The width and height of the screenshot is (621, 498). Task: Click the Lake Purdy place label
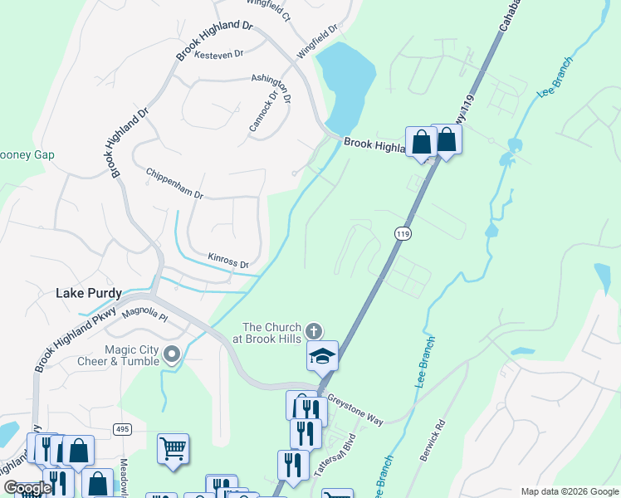[89, 293]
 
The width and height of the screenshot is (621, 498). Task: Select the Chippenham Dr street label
[174, 183]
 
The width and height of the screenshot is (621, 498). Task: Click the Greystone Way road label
[355, 410]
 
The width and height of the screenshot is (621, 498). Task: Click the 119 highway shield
[403, 234]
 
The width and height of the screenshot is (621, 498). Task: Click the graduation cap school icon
[322, 357]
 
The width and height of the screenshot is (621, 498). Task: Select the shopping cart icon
[173, 449]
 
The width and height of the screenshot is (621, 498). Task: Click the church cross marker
[314, 330]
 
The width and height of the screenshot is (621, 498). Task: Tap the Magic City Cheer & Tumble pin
[172, 355]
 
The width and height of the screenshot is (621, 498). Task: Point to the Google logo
[27, 488]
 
